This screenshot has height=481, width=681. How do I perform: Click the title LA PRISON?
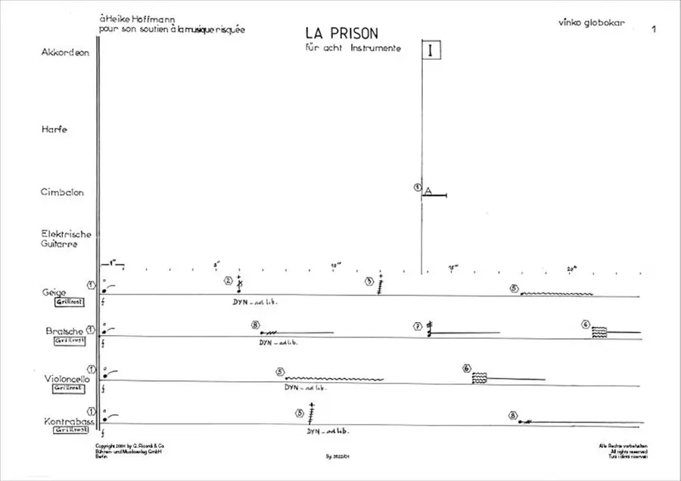point(341,34)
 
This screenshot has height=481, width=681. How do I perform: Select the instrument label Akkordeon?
point(65,53)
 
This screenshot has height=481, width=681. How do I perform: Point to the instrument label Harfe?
point(55,130)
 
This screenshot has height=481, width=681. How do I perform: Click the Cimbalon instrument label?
point(62,192)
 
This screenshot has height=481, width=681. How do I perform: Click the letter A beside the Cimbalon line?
point(428,191)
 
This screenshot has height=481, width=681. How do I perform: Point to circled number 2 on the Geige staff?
point(228,281)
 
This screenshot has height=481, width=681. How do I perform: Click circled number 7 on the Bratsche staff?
point(417,326)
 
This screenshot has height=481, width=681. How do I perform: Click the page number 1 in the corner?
point(652,29)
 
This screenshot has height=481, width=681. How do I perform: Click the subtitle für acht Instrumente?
point(348,48)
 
